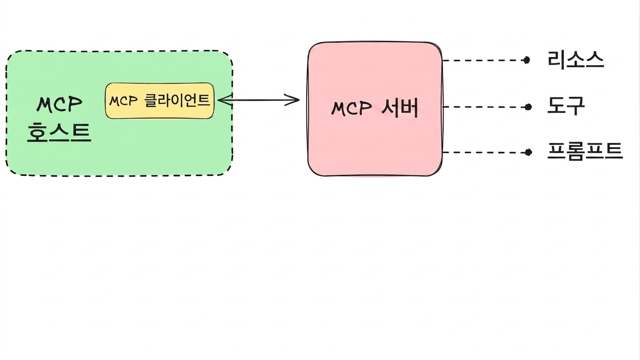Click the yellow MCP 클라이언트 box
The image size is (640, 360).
(x=160, y=101)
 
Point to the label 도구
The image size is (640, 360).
(x=566, y=106)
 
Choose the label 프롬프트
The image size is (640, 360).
(x=585, y=151)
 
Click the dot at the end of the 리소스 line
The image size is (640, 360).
(x=527, y=60)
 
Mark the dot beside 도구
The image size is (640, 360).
(x=528, y=107)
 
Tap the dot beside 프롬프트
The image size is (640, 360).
(x=528, y=152)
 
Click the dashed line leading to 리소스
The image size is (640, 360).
(x=483, y=60)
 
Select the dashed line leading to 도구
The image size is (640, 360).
(x=484, y=107)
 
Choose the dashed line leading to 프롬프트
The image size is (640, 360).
(x=484, y=152)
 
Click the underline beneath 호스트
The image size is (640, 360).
(x=59, y=141)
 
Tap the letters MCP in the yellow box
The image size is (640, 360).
(x=123, y=101)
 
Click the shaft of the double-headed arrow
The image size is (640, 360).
(x=258, y=100)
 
